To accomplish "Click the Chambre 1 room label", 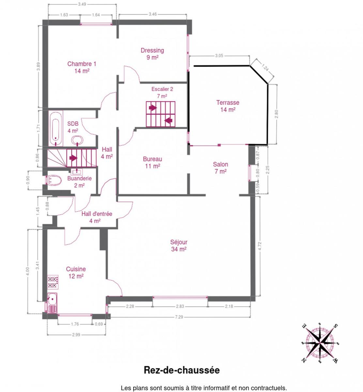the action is point(82,67).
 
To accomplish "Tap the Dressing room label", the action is point(152,54).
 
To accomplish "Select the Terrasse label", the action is point(228,106).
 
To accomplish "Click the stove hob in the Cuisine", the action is point(53,282).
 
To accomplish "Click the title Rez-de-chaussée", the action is point(182,370).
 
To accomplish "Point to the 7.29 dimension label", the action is point(179,317).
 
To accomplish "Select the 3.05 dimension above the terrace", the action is point(219,56).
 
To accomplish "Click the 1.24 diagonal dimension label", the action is point(265,67).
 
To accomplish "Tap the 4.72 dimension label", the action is point(260,246).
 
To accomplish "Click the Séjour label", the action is point(179,246).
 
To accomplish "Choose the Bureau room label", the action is point(153,163).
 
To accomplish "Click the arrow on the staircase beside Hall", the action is point(73,158).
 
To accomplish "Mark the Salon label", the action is point(220,168).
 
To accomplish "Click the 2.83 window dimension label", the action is point(180,306).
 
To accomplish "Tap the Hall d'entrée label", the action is point(97,217).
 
